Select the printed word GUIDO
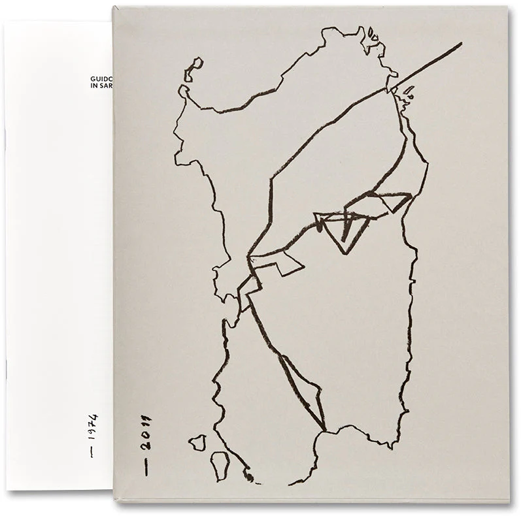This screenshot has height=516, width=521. (101, 77)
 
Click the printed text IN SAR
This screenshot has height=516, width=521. (101, 86)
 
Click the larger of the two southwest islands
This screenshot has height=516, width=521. (220, 464)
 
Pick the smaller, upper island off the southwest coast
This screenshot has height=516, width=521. (197, 443)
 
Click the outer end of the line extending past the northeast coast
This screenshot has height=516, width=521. (460, 44)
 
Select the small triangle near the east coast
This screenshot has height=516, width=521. (397, 201)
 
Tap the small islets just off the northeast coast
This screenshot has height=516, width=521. (407, 95)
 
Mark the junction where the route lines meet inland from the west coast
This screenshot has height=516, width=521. (249, 259)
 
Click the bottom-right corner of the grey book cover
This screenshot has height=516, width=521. (508, 501)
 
